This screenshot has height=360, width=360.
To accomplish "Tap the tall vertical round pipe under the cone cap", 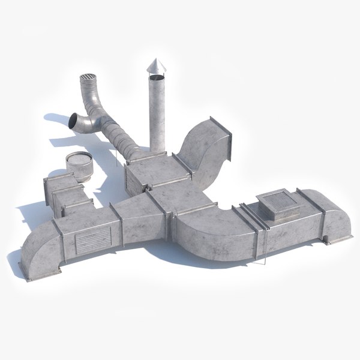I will tap(157, 114).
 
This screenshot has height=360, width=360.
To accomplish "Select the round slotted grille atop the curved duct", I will tap(88, 80).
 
